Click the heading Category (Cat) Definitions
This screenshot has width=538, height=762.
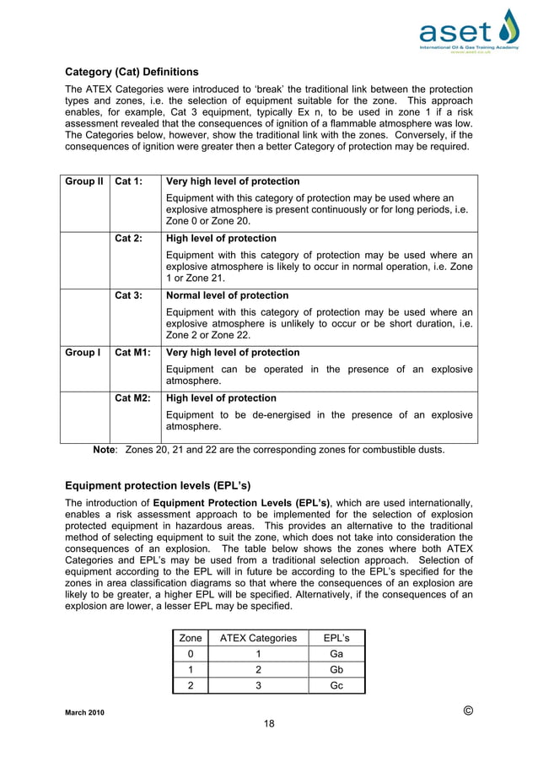[x=132, y=72]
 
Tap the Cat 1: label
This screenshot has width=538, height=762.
[x=128, y=181]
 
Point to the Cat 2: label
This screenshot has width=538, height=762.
[x=128, y=239]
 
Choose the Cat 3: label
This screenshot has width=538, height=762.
[x=128, y=295]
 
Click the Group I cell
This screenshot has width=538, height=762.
[x=82, y=353]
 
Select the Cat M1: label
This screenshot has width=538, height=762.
[x=132, y=353]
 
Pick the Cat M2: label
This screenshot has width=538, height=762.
[x=132, y=398]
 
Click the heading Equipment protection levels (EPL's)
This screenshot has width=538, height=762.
[x=158, y=485]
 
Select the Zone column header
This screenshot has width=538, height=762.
[x=191, y=638]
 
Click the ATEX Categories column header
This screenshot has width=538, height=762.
[x=258, y=638]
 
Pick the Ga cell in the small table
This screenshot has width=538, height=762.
[x=336, y=654]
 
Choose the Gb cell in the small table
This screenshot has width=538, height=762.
[x=336, y=670]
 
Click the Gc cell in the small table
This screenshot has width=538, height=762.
[x=336, y=685]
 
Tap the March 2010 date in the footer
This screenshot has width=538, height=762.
[x=85, y=713]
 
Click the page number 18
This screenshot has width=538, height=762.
[x=269, y=723]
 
